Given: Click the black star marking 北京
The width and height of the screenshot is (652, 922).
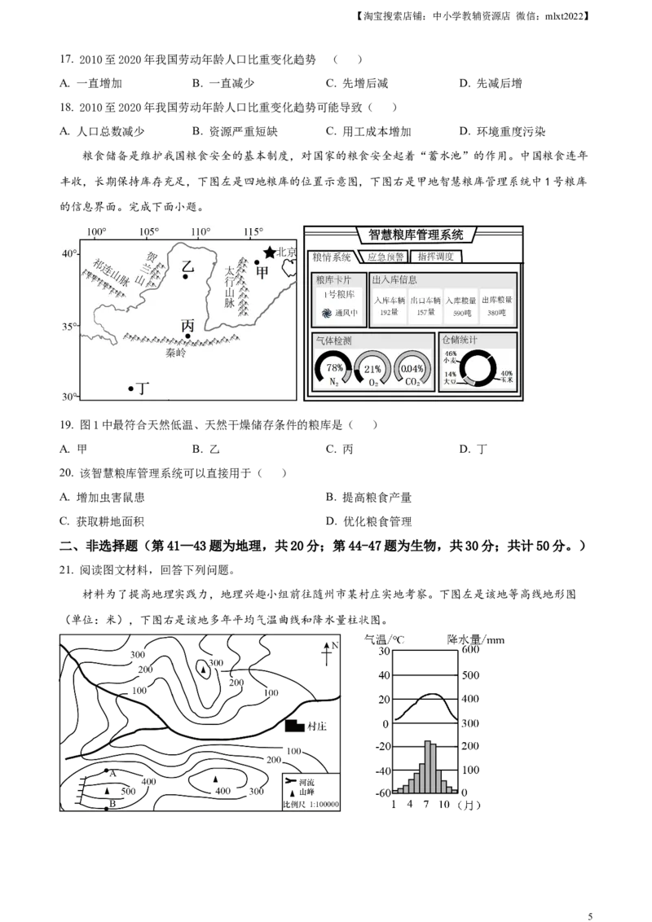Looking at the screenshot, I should (x=269, y=252).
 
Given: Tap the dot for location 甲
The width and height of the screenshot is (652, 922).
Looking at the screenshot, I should (x=257, y=263).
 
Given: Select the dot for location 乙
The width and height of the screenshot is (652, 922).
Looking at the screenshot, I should (x=186, y=277).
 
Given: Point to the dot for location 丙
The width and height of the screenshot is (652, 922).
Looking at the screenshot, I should (x=187, y=336).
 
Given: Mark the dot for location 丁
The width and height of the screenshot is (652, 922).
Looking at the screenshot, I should (x=130, y=389).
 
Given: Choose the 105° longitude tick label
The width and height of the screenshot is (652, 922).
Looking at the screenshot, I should (x=149, y=233).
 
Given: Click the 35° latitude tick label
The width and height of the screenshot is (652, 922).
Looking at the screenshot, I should (x=70, y=327).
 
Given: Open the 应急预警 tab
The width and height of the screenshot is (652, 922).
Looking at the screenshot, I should (x=385, y=257).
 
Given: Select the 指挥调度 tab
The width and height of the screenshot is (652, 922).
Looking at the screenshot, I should (x=436, y=257).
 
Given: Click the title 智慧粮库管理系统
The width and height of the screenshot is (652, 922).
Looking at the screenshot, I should (x=416, y=235).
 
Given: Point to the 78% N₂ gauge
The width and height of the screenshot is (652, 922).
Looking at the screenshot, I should (x=333, y=369).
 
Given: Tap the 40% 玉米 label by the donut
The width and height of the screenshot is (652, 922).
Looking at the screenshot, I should (x=505, y=376).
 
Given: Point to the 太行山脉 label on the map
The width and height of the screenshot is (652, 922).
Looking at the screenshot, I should (x=230, y=287).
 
